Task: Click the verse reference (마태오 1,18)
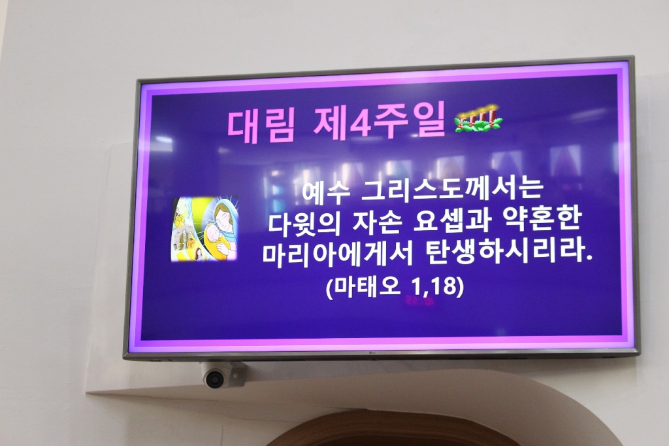[x=394, y=287]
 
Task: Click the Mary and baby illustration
[x=205, y=229]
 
